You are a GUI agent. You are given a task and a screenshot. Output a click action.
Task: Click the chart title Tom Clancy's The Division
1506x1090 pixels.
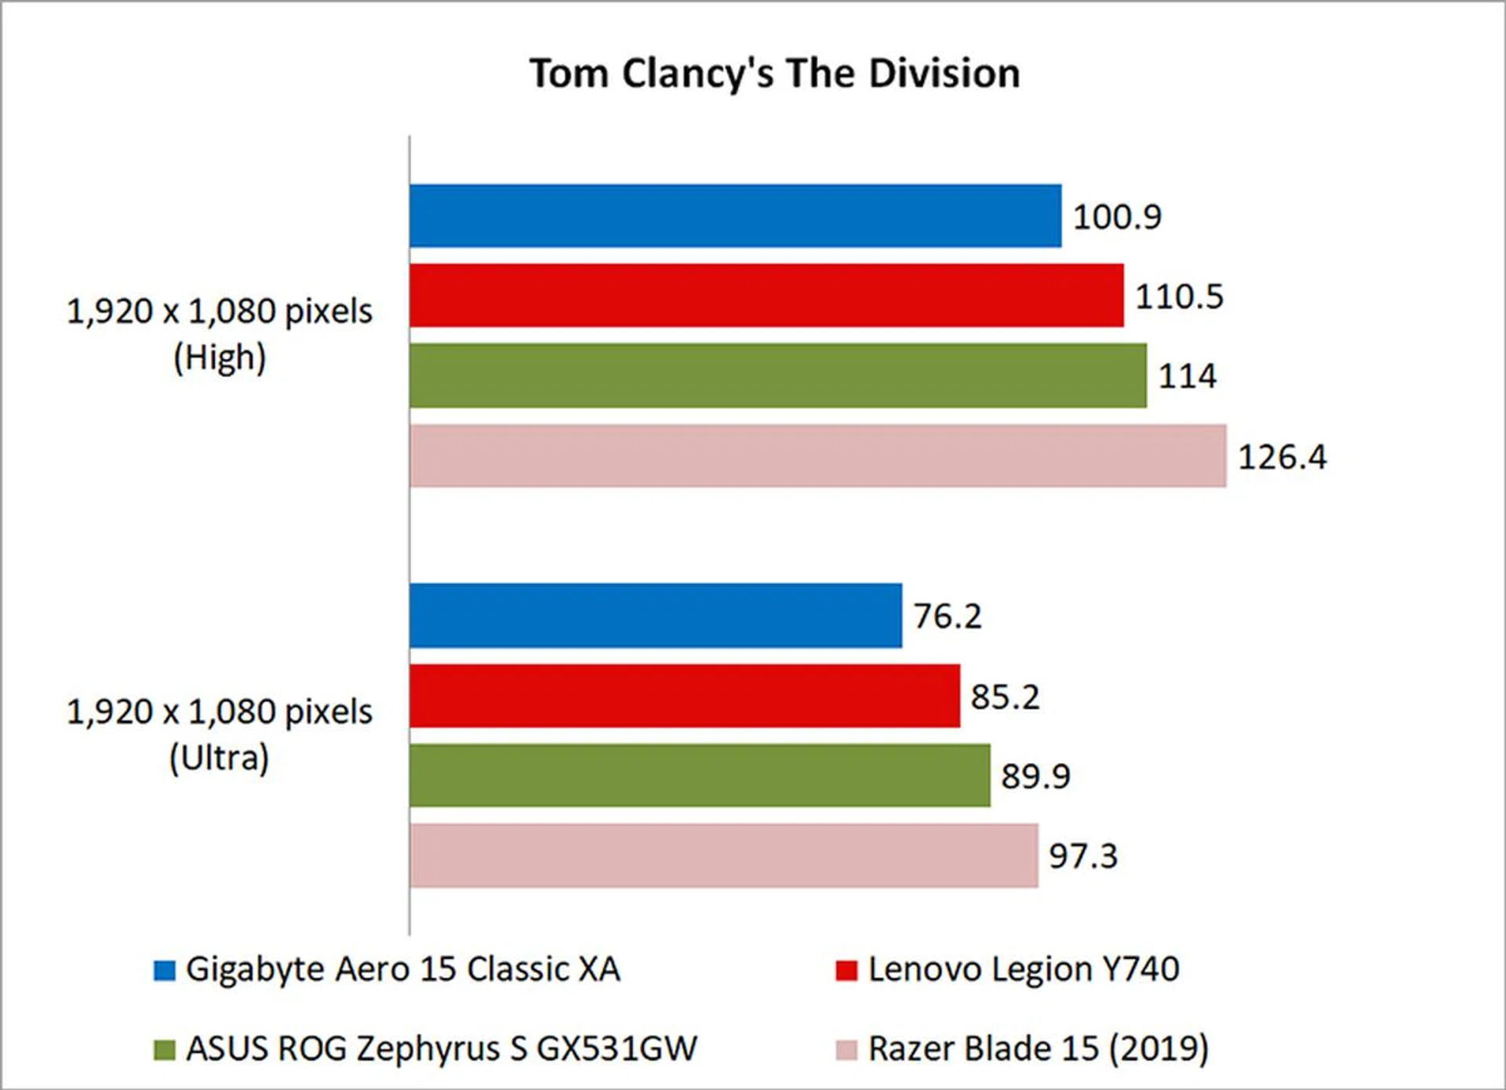[x=775, y=74]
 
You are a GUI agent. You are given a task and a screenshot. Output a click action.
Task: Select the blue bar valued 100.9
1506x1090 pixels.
[x=735, y=216]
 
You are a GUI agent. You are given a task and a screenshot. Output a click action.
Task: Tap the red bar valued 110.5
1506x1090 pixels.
[x=766, y=296]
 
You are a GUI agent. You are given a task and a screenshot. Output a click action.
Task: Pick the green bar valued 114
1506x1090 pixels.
[x=777, y=376]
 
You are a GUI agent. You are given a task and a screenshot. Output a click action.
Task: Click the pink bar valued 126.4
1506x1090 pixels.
[x=817, y=456]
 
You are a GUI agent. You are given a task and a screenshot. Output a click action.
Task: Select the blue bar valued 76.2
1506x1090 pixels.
[x=656, y=616]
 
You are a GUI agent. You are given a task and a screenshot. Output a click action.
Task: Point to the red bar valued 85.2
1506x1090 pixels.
[x=685, y=696]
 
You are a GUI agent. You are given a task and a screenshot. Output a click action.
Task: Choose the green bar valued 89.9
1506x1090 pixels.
[x=700, y=776]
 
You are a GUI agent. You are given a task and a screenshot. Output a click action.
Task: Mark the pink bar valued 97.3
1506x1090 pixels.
[x=724, y=856]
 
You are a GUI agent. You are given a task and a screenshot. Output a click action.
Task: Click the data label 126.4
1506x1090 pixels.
[x=1282, y=457]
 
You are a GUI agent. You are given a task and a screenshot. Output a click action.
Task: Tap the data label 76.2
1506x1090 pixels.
[x=948, y=616]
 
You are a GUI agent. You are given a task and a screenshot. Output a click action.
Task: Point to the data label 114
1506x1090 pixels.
[x=1188, y=376]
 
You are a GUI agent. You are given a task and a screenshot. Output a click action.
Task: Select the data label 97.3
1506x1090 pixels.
[x=1083, y=856]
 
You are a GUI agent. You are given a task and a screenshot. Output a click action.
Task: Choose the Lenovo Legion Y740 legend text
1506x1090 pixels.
[x=1024, y=970]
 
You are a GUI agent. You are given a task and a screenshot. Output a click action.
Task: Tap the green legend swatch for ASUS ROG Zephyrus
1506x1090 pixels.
[x=165, y=1050]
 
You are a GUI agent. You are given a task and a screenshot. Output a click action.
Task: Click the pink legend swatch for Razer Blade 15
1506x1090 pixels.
[x=846, y=1050]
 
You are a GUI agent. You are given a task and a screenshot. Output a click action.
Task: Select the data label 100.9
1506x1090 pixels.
[x=1117, y=217]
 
